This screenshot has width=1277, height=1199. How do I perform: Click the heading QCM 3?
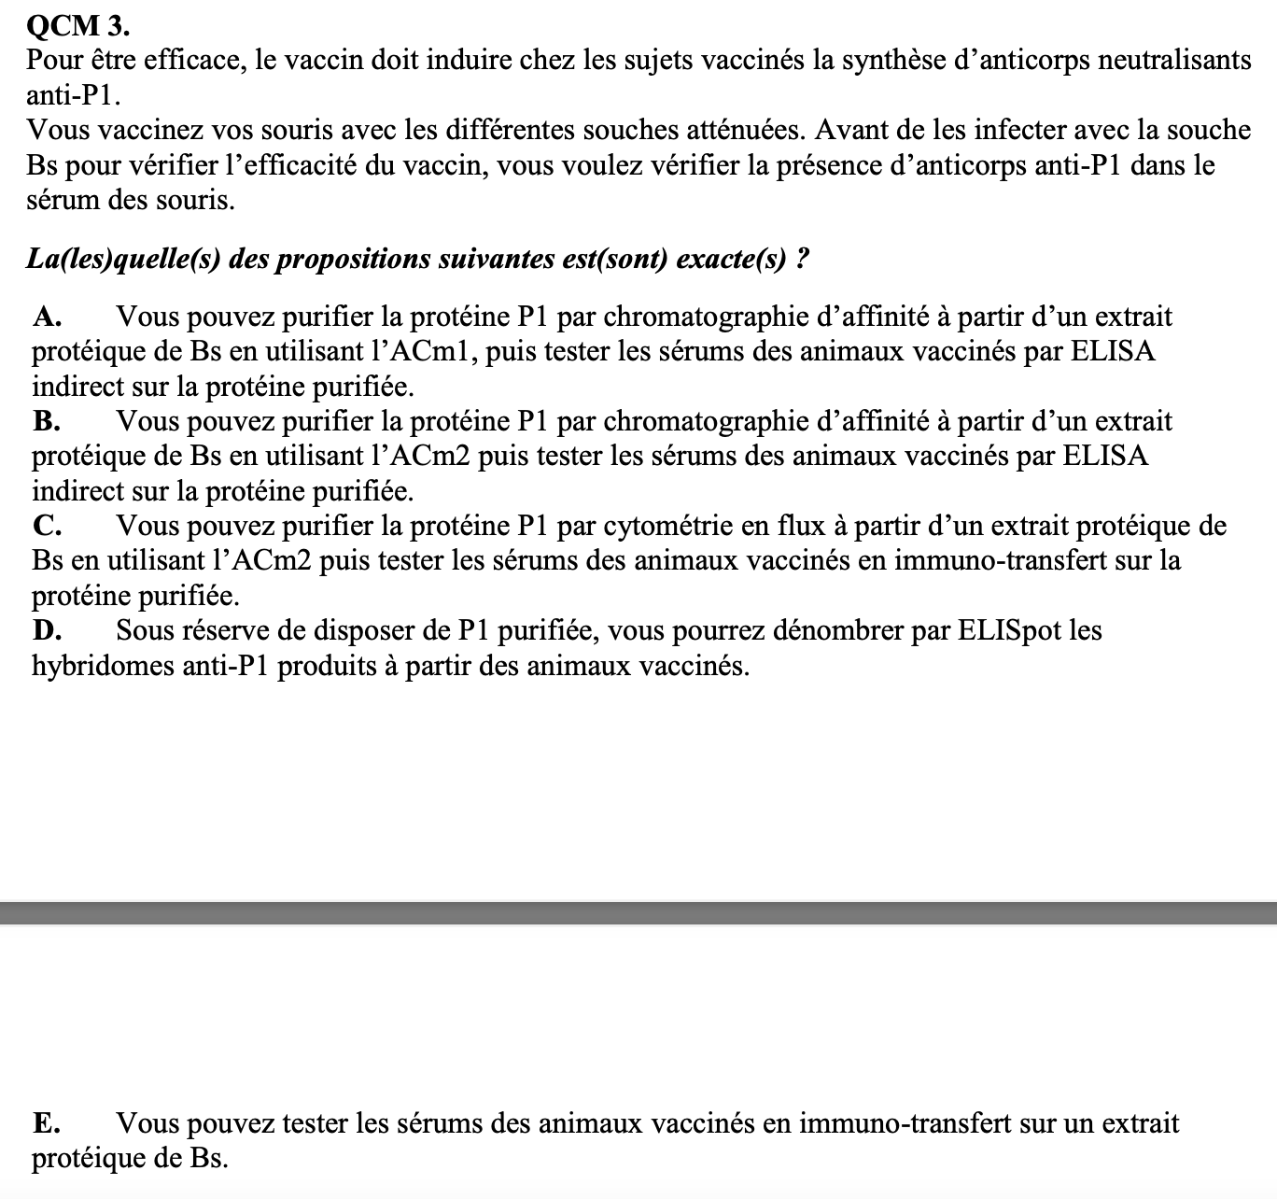pyautogui.click(x=79, y=25)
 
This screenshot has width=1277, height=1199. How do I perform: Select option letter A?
pyautogui.click(x=47, y=317)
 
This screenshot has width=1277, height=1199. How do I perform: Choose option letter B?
pyautogui.click(x=47, y=422)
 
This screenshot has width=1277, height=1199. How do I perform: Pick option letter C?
pyautogui.click(x=47, y=527)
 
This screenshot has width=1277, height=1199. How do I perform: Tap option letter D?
pyautogui.click(x=47, y=631)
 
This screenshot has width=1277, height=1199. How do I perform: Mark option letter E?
pyautogui.click(x=46, y=1123)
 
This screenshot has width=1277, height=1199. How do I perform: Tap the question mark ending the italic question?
pyautogui.click(x=801, y=259)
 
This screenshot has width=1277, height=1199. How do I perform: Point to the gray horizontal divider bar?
pyautogui.click(x=638, y=912)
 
